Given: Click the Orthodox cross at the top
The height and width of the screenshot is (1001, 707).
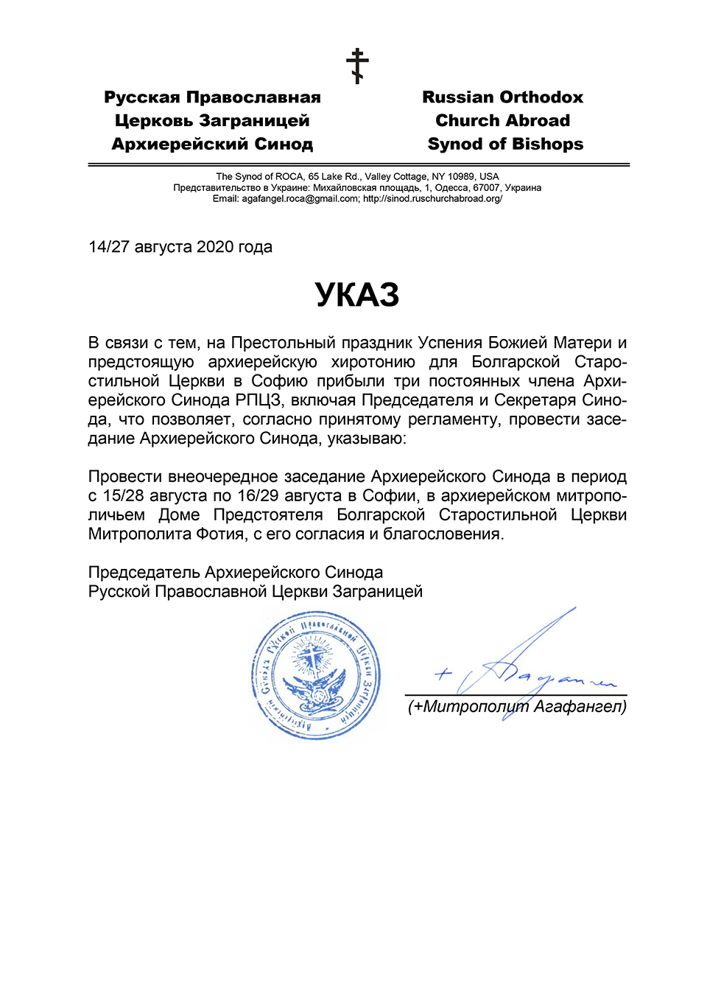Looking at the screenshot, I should click(x=358, y=66).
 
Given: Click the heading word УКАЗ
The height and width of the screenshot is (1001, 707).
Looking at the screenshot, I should click(x=357, y=295).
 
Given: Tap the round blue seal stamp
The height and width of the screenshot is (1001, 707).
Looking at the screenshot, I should click(x=316, y=674).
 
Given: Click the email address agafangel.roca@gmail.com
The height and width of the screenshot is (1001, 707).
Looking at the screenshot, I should click(x=300, y=199).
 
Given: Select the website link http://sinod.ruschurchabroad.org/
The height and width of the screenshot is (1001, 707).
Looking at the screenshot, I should click(x=432, y=199).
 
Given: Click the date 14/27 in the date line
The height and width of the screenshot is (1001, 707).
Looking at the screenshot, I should click(x=109, y=247).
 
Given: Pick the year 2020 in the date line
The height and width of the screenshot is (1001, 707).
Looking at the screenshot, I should click(x=215, y=247).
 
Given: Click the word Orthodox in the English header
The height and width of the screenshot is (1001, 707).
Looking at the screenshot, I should click(x=541, y=97).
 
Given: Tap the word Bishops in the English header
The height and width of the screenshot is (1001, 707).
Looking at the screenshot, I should click(x=547, y=144).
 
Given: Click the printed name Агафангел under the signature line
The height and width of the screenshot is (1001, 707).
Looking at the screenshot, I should click(x=580, y=706).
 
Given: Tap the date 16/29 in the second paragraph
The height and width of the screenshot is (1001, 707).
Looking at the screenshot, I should click(x=258, y=495).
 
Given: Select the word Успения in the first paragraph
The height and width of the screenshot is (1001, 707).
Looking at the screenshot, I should click(x=447, y=343).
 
